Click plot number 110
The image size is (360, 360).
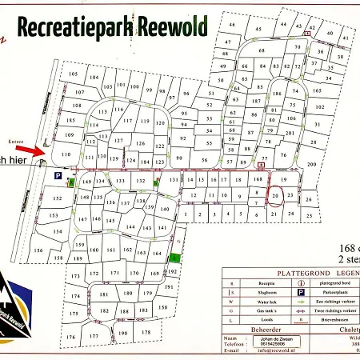pos(66,154)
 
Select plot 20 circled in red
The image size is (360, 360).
pos(275,194)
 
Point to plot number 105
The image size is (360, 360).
pos(73,75)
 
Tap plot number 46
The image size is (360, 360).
pos(233,26)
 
